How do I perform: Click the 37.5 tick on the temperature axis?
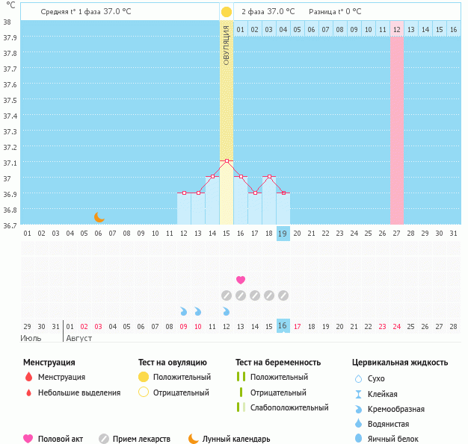click(x=7, y=101)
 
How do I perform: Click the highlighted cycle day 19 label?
click(x=283, y=234)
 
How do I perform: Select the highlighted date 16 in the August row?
click(x=283, y=326)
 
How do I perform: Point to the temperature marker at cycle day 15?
click(x=227, y=161)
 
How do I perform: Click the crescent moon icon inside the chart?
click(x=99, y=216)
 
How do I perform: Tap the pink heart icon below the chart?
click(x=241, y=280)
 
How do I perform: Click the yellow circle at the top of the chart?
click(x=227, y=12)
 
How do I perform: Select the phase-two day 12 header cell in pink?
click(x=396, y=30)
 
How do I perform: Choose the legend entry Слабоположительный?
click(x=289, y=407)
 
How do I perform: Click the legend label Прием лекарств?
click(x=141, y=439)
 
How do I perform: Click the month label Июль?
click(x=31, y=338)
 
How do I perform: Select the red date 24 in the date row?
click(x=396, y=326)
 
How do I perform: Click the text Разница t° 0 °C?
click(x=335, y=12)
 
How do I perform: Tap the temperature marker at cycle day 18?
click(x=269, y=177)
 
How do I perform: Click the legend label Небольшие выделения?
click(x=78, y=393)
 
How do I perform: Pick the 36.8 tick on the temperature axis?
click(x=7, y=210)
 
